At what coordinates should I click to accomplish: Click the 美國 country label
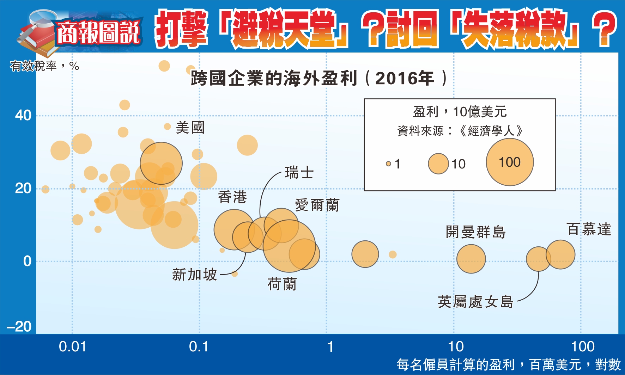[x=190, y=128]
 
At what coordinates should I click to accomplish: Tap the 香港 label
[x=232, y=197]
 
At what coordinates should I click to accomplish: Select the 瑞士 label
[x=299, y=173]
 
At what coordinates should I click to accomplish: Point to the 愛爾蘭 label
[x=317, y=205]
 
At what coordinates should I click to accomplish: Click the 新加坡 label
[x=194, y=275]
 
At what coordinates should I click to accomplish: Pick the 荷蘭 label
[x=282, y=284]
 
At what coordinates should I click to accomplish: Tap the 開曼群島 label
[x=475, y=232]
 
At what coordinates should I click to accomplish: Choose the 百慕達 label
[x=589, y=229]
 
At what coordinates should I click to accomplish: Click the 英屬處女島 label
[x=475, y=302]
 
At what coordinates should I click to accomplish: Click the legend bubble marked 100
[x=510, y=162]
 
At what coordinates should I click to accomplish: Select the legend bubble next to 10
[x=438, y=164]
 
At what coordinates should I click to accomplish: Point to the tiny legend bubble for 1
[x=388, y=164]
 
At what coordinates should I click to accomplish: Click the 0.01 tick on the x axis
[x=72, y=347]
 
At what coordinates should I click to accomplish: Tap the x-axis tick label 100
[x=583, y=347]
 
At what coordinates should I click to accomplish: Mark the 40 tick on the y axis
[x=23, y=116]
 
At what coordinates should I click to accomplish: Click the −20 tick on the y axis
[x=19, y=327]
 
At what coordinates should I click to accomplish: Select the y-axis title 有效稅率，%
[x=44, y=66]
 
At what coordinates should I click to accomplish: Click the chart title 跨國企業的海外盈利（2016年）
[x=319, y=78]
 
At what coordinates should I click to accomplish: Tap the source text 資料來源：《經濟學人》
[x=460, y=131]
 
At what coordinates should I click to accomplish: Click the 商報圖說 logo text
[x=98, y=33]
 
